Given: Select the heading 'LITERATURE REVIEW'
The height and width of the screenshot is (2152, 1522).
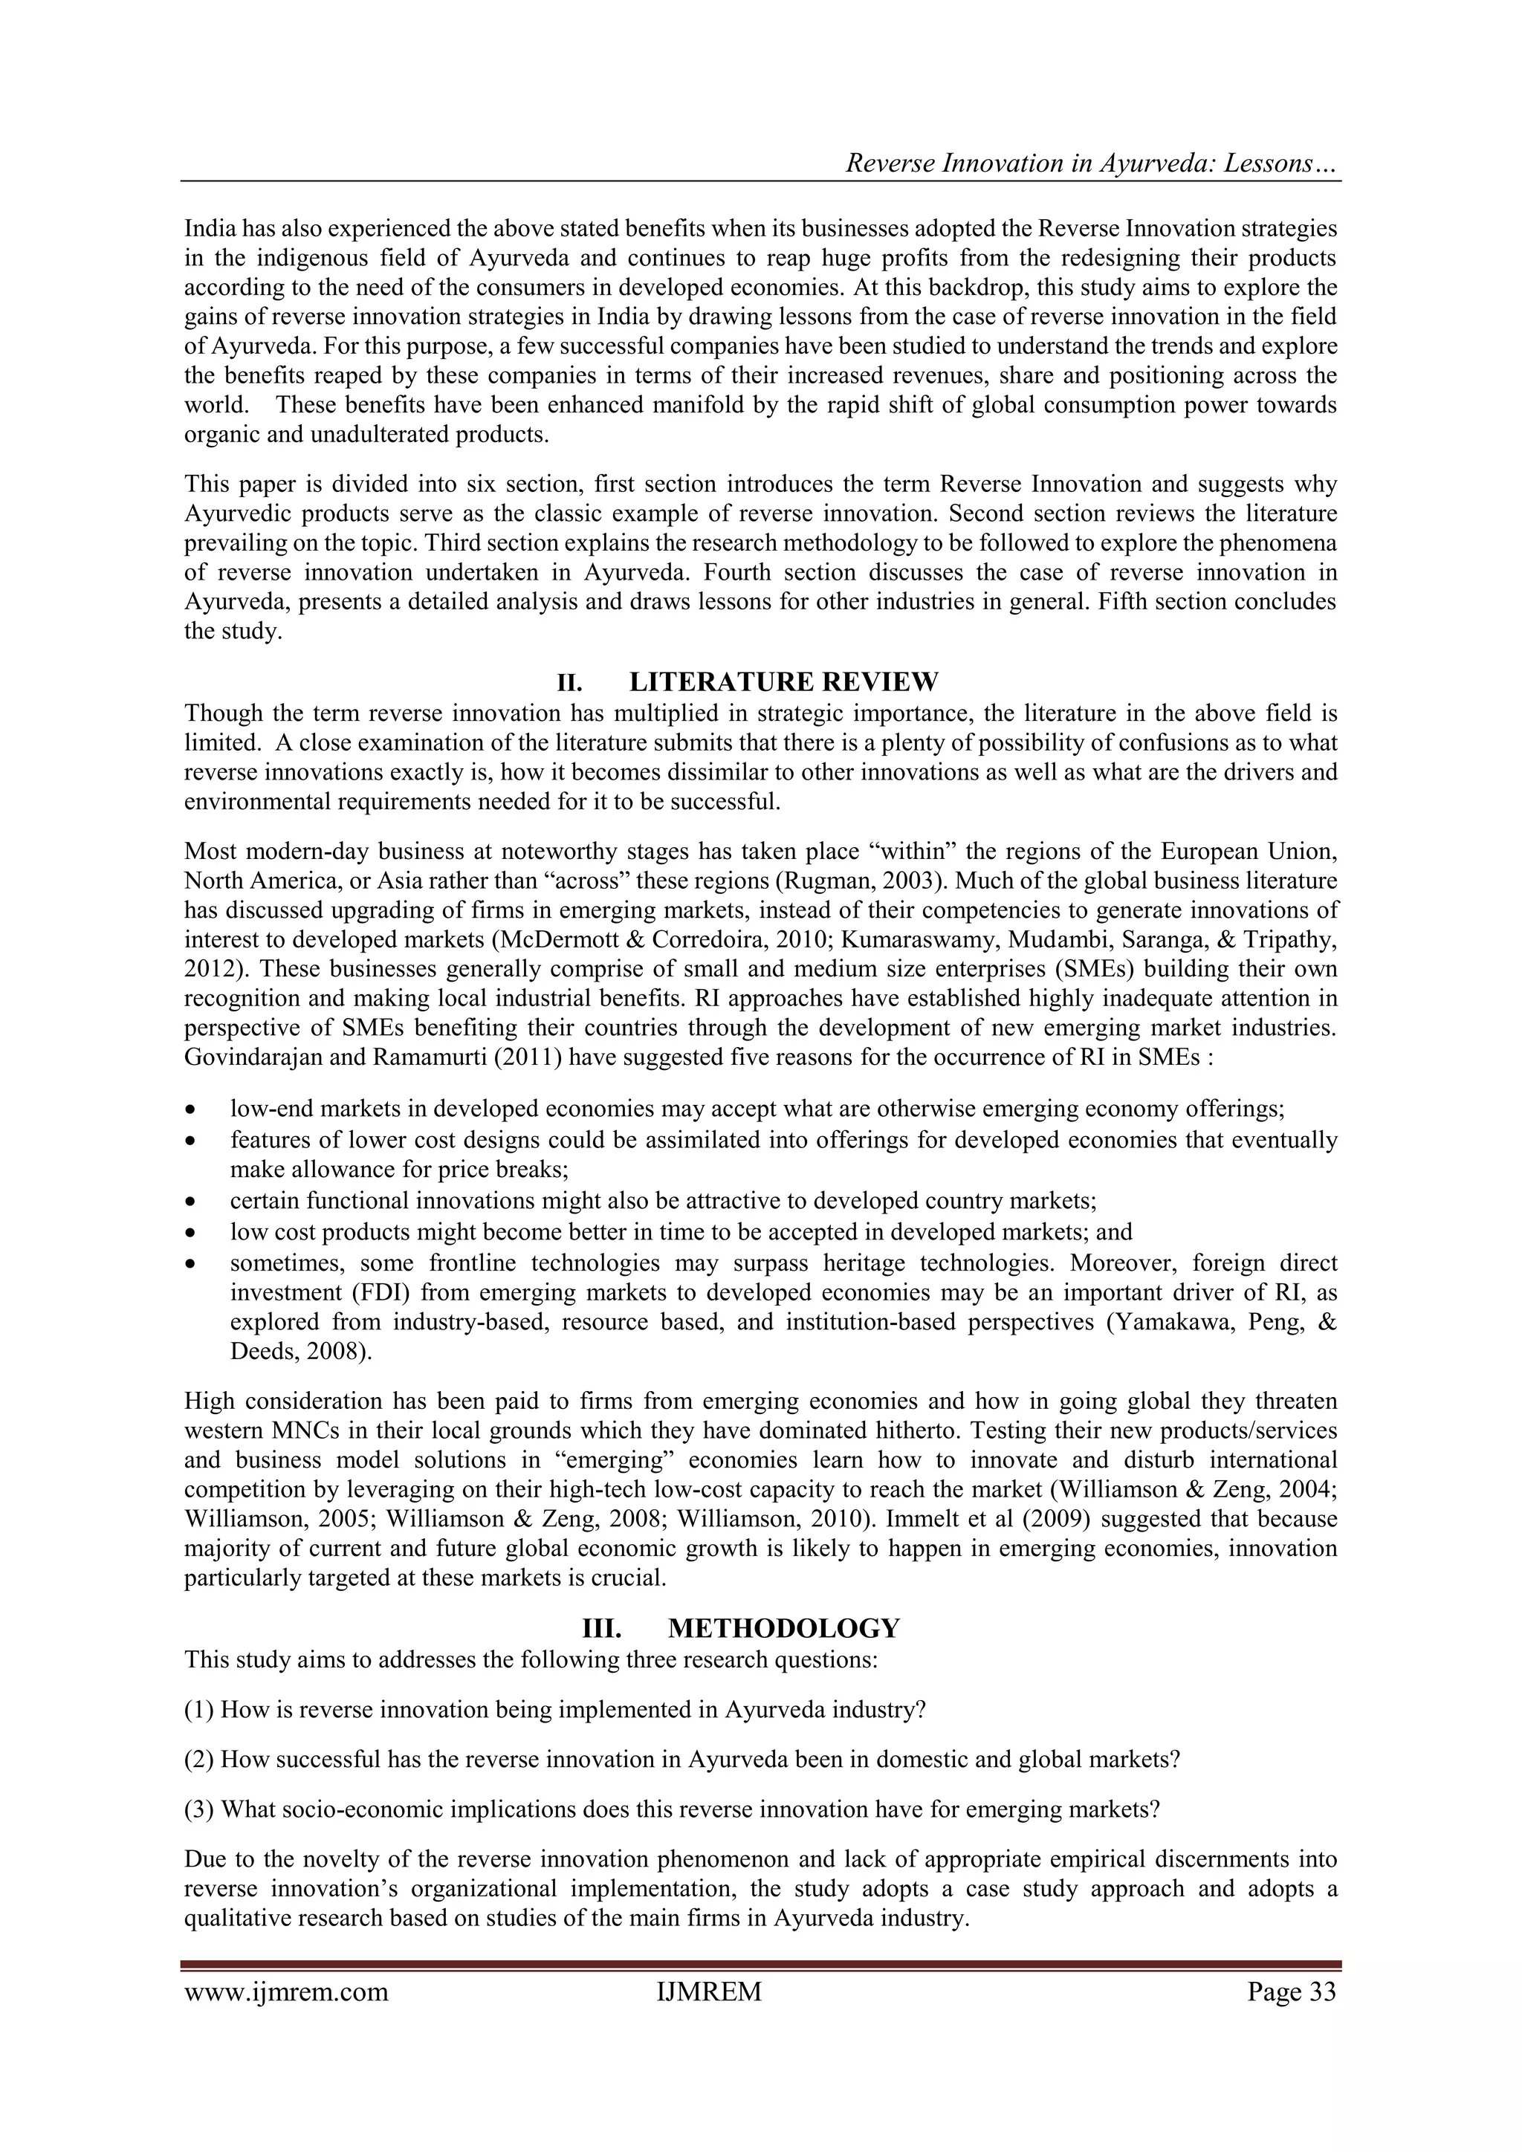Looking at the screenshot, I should click(783, 681).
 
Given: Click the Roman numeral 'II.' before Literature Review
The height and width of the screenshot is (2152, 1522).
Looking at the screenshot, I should click(570, 681).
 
